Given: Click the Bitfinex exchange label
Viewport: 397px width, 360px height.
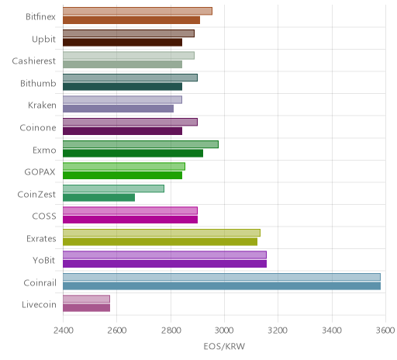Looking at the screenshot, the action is pyautogui.click(x=40, y=17).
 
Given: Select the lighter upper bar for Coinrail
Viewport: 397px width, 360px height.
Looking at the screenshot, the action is pyautogui.click(x=222, y=277).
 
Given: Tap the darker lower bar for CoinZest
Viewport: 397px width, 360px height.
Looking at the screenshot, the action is pyautogui.click(x=98, y=198).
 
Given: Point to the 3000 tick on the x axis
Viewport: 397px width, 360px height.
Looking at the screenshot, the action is pyautogui.click(x=224, y=331).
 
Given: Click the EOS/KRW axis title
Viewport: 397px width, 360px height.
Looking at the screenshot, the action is pyautogui.click(x=224, y=346).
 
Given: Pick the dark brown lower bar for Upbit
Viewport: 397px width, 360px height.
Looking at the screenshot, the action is pyautogui.click(x=123, y=43).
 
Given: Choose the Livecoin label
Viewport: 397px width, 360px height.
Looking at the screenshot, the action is pyautogui.click(x=39, y=305).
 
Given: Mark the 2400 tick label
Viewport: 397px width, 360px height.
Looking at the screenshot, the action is pyautogui.click(x=64, y=331).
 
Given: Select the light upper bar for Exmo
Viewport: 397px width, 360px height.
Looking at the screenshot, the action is pyautogui.click(x=140, y=144).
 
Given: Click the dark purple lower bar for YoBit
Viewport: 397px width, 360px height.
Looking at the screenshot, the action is pyautogui.click(x=164, y=264).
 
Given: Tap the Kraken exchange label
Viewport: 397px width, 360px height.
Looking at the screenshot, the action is pyautogui.click(x=42, y=106).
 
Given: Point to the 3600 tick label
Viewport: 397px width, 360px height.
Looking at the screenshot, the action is pyautogui.click(x=385, y=331).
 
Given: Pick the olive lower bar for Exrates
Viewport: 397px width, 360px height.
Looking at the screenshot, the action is pyautogui.click(x=160, y=241).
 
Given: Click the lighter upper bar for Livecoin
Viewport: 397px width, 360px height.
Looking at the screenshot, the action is pyautogui.click(x=86, y=299).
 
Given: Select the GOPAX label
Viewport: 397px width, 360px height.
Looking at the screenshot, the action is pyautogui.click(x=40, y=172).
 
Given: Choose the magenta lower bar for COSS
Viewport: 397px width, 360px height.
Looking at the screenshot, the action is pyautogui.click(x=130, y=220).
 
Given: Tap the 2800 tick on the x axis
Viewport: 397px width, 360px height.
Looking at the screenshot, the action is pyautogui.click(x=171, y=331).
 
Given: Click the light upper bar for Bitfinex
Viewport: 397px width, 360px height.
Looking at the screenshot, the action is pyautogui.click(x=137, y=11).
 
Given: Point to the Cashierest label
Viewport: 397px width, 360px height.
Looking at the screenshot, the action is pyautogui.click(x=34, y=61).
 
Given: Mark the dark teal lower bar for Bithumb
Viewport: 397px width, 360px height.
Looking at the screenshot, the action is pyautogui.click(x=123, y=87).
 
